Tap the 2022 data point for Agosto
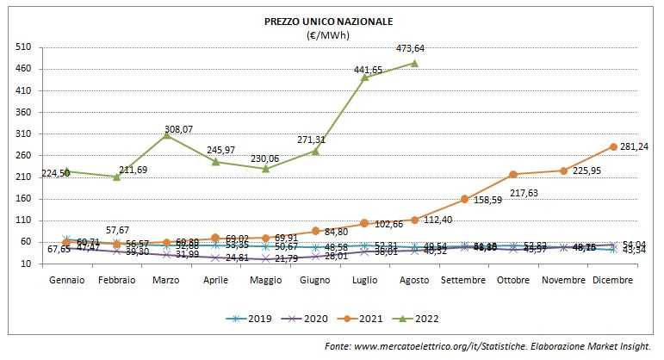414,63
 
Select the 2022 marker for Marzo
165,135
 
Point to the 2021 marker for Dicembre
613,146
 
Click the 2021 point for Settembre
464,199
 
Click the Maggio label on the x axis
265,280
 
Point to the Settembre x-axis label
464,280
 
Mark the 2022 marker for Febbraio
116,177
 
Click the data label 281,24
635,146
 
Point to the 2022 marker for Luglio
364,78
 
